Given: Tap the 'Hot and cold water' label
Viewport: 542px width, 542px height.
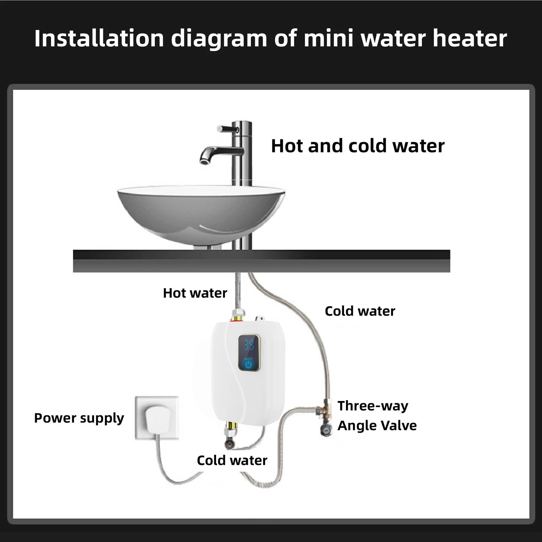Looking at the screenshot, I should [x=357, y=146].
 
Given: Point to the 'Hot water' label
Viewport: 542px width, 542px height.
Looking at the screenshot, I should [x=195, y=293].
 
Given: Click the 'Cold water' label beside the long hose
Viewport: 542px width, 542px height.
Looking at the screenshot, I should [x=360, y=311].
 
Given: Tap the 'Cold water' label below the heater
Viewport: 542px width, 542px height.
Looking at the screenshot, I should [x=232, y=460].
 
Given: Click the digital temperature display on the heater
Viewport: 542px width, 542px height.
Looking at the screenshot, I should [x=249, y=346].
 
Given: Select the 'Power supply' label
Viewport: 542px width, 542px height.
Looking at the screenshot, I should [x=79, y=418].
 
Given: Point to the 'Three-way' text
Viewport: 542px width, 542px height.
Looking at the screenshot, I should [x=373, y=406].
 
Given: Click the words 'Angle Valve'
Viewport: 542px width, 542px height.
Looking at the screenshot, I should [x=377, y=426].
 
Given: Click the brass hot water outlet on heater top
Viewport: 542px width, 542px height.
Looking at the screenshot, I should [x=237, y=317].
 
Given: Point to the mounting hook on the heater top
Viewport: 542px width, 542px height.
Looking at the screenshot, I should [x=260, y=318].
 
